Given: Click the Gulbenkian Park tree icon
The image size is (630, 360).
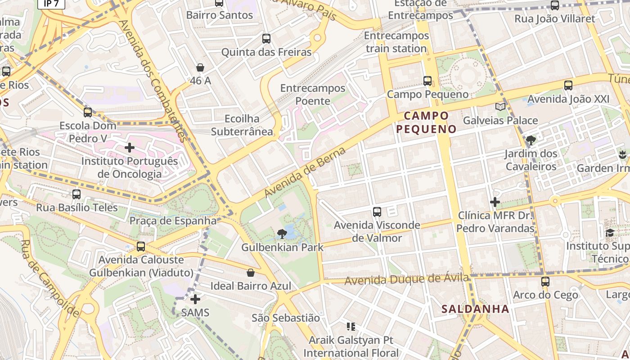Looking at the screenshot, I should tap(282, 234).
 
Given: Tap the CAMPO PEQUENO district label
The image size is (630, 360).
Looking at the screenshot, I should tap(426, 122).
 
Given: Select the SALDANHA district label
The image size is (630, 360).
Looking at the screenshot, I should tap(475, 309).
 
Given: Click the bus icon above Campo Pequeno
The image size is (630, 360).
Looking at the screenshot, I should tap(427, 81).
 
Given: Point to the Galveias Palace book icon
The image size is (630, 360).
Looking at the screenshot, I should tap(500, 107).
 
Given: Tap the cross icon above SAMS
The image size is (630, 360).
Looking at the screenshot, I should tap(195, 299).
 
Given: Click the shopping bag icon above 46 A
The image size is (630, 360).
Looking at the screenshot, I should tap(200, 67).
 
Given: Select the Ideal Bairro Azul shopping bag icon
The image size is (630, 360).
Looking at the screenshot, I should tap(251, 273).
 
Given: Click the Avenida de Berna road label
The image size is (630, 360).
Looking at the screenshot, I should tap(305, 172).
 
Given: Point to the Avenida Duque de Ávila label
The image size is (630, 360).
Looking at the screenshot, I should tap(408, 279).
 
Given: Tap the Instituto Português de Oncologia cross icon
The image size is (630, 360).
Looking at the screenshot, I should tap(130, 147).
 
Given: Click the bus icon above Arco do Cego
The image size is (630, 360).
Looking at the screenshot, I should tap(545, 282).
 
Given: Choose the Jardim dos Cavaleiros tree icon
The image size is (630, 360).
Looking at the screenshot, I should tap(531, 140).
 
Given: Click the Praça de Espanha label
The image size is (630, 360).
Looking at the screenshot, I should tap(173, 221).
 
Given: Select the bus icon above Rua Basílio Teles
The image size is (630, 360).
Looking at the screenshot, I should tap(76, 194).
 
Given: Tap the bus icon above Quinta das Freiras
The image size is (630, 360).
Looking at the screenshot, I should tap(266, 39).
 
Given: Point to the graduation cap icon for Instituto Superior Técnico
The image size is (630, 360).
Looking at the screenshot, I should tap(610, 233).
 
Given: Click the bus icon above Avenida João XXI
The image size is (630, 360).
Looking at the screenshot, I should tap(568, 85).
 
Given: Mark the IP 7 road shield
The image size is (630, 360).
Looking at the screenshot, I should tap(51, 4).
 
